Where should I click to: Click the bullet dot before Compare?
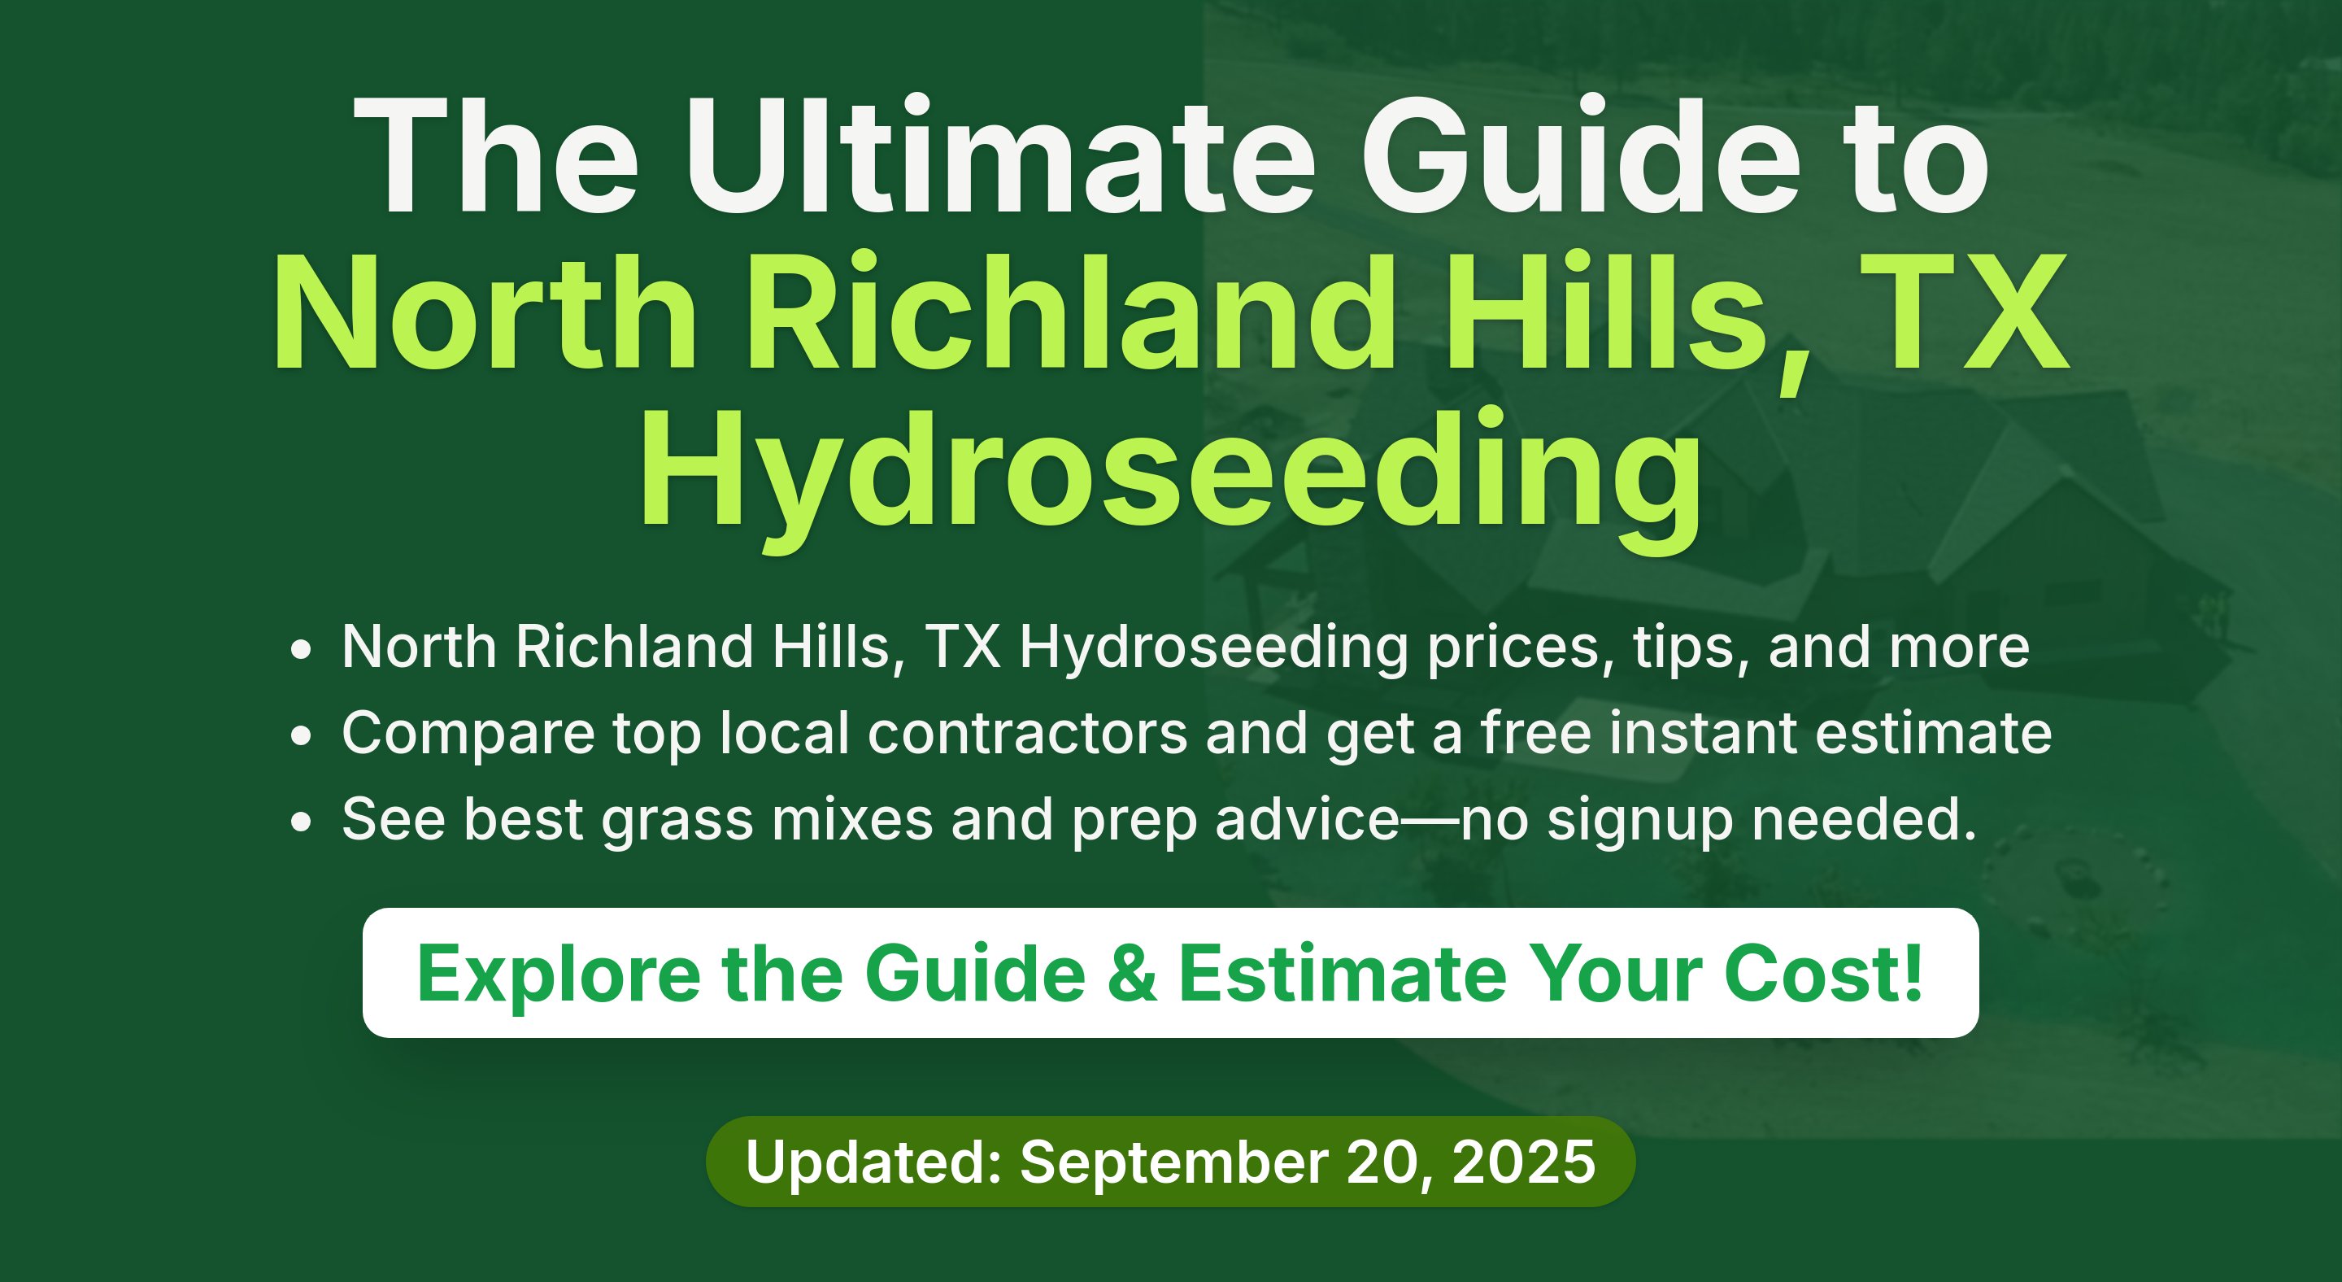(301, 735)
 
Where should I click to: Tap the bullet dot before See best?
(301, 822)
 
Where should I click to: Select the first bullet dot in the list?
(301, 649)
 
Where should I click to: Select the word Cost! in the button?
(1824, 973)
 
